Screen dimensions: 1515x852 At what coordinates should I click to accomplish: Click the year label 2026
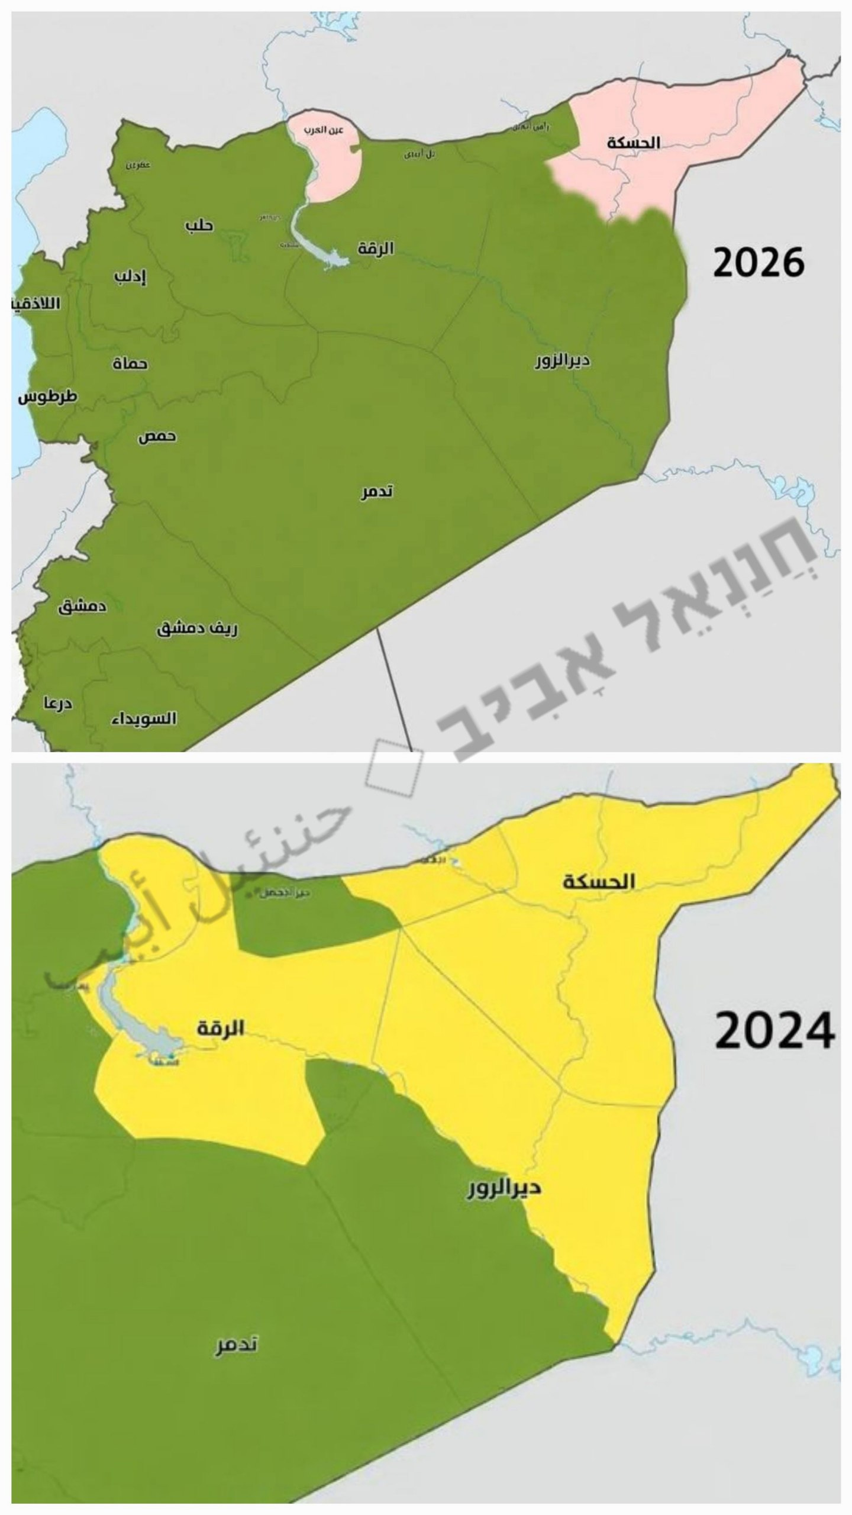758,263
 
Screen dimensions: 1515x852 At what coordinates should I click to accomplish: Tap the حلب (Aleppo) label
199,225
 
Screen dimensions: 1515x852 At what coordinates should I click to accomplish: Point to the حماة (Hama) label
130,363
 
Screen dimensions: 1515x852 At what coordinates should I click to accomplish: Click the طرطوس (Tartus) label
47,397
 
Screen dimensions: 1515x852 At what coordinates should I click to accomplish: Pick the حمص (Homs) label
157,437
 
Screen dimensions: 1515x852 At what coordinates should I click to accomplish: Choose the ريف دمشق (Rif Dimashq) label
197,628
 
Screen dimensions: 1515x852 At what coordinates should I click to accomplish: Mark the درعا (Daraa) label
57,704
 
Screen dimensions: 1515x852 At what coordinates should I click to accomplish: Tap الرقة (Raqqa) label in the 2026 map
376,248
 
